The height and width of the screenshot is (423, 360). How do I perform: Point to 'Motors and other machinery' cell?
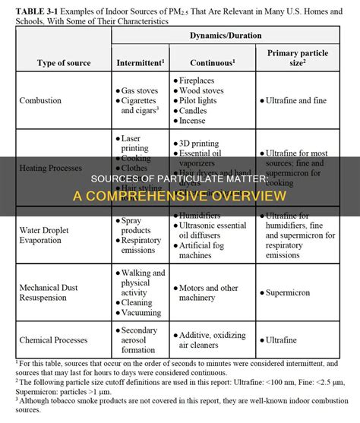pyautogui.click(x=211, y=293)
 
